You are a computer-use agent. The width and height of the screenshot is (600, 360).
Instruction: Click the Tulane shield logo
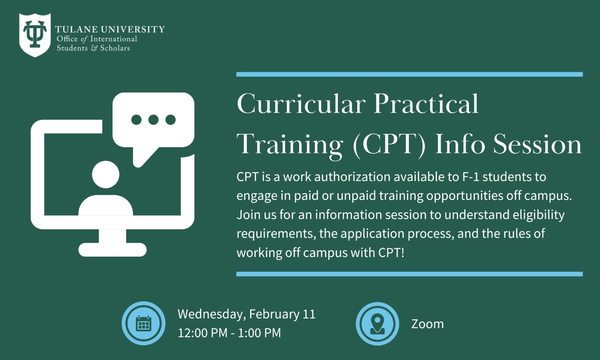pos(35,35)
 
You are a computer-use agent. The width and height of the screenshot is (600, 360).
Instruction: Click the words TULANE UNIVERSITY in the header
pos(110,30)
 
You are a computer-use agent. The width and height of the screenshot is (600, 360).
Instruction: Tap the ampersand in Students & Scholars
pos(94,48)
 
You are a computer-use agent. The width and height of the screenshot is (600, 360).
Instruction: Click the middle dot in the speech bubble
pos(153,120)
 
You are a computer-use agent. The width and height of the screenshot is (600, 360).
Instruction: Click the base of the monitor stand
pos(112,250)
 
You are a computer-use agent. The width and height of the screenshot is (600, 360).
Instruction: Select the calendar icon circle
pos(144,324)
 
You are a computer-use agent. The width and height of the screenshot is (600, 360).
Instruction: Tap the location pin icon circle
pos(377,324)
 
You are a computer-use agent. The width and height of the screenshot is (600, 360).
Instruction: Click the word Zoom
pos(427,324)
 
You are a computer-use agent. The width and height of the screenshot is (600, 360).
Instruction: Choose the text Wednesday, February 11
pos(246,314)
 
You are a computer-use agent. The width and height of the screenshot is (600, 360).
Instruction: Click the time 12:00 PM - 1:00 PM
pos(229,333)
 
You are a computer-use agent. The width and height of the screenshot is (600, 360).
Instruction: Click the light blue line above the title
pos(409,74)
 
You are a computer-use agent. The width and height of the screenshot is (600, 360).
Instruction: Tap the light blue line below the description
pos(409,274)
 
